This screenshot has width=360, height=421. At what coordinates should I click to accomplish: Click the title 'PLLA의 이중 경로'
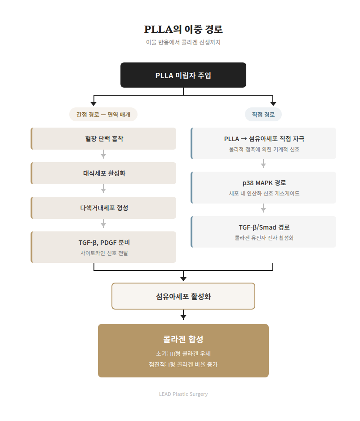pos(183,30)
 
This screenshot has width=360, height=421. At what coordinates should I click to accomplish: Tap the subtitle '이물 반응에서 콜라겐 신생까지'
pos(183,42)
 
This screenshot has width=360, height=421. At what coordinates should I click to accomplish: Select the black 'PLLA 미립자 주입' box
pos(183,75)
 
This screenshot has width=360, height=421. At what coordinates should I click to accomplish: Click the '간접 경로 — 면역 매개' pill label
pos(103,115)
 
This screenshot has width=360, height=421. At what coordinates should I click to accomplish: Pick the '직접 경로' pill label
pos(263,115)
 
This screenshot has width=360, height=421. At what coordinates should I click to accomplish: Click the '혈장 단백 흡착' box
pos(104,139)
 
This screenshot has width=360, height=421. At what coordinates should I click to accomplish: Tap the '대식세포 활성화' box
pos(104,173)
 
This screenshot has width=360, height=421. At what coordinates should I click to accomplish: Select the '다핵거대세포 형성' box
pos(104,208)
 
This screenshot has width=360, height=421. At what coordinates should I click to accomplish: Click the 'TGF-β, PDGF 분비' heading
pos(104,243)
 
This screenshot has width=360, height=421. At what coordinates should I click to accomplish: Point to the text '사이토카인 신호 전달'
pos(104,253)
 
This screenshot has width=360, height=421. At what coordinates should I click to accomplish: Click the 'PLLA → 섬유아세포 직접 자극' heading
pos(264,139)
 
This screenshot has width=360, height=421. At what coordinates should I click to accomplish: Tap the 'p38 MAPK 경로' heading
pos(264,183)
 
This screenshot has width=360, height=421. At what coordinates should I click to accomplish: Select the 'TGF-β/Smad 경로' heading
pos(264,227)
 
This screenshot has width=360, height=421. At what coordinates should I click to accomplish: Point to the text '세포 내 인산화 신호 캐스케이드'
pos(264,193)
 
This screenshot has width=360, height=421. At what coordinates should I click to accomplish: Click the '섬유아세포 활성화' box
pos(183,296)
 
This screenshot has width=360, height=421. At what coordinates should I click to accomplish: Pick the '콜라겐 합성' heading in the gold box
pos(183,339)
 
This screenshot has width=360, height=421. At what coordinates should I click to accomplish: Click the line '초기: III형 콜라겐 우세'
pos(183,354)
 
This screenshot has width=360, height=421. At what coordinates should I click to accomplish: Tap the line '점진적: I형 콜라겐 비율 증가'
pos(183,364)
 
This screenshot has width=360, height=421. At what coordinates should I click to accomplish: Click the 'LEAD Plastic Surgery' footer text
pos(183,394)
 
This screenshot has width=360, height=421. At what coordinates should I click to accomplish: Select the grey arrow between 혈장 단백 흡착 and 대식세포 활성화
pos(103,155)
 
